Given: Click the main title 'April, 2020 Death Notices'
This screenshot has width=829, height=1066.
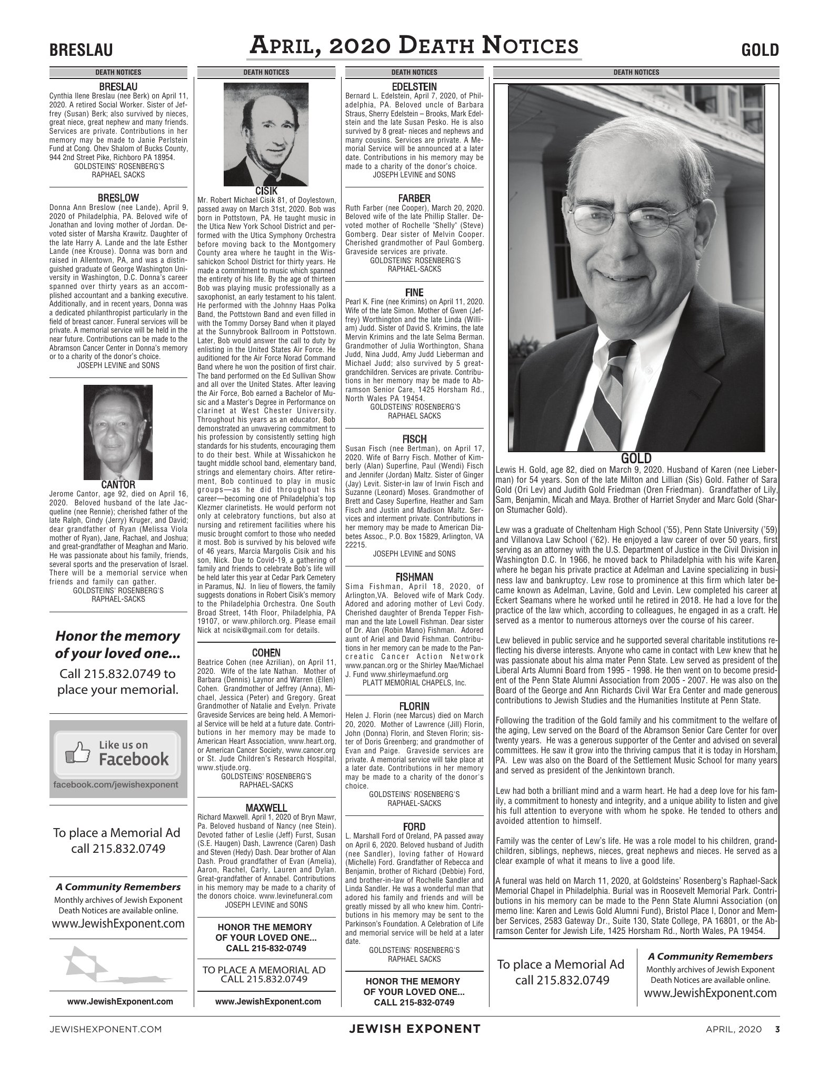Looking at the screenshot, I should [414, 46].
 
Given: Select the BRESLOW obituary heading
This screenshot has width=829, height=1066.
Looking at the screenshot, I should [118, 198].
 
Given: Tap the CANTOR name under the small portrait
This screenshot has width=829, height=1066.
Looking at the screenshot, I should [118, 484].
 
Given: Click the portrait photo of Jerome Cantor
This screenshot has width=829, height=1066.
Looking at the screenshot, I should [118, 432].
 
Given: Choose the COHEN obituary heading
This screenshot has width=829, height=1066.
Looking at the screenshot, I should [266, 653].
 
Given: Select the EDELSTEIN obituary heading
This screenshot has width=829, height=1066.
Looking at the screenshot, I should [414, 86].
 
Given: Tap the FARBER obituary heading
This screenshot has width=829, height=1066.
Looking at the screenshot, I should [414, 198].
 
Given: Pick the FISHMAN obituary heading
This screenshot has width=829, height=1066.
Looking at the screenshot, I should [414, 577].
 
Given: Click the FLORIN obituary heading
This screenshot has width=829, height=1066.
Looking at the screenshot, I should [414, 706].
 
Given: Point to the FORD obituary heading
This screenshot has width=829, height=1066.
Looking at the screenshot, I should [414, 827].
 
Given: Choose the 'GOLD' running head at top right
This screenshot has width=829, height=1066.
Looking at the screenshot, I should [760, 50].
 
